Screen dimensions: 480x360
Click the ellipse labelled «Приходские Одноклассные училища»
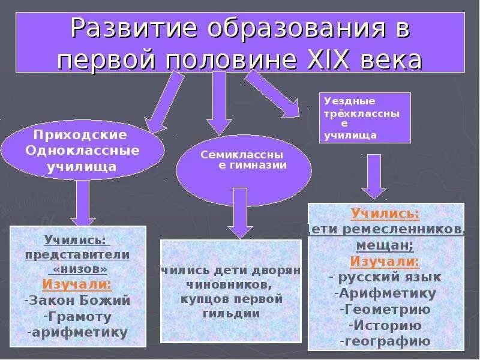82,150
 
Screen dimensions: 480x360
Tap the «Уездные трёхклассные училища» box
367,118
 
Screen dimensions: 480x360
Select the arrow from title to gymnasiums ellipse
219,102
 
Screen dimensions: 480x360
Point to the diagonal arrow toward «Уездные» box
273,94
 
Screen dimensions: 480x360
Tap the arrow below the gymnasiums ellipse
239,213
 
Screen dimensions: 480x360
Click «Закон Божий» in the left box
77,300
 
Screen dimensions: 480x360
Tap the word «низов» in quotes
77,268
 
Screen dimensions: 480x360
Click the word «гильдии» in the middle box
231,313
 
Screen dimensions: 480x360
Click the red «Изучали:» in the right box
385,261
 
